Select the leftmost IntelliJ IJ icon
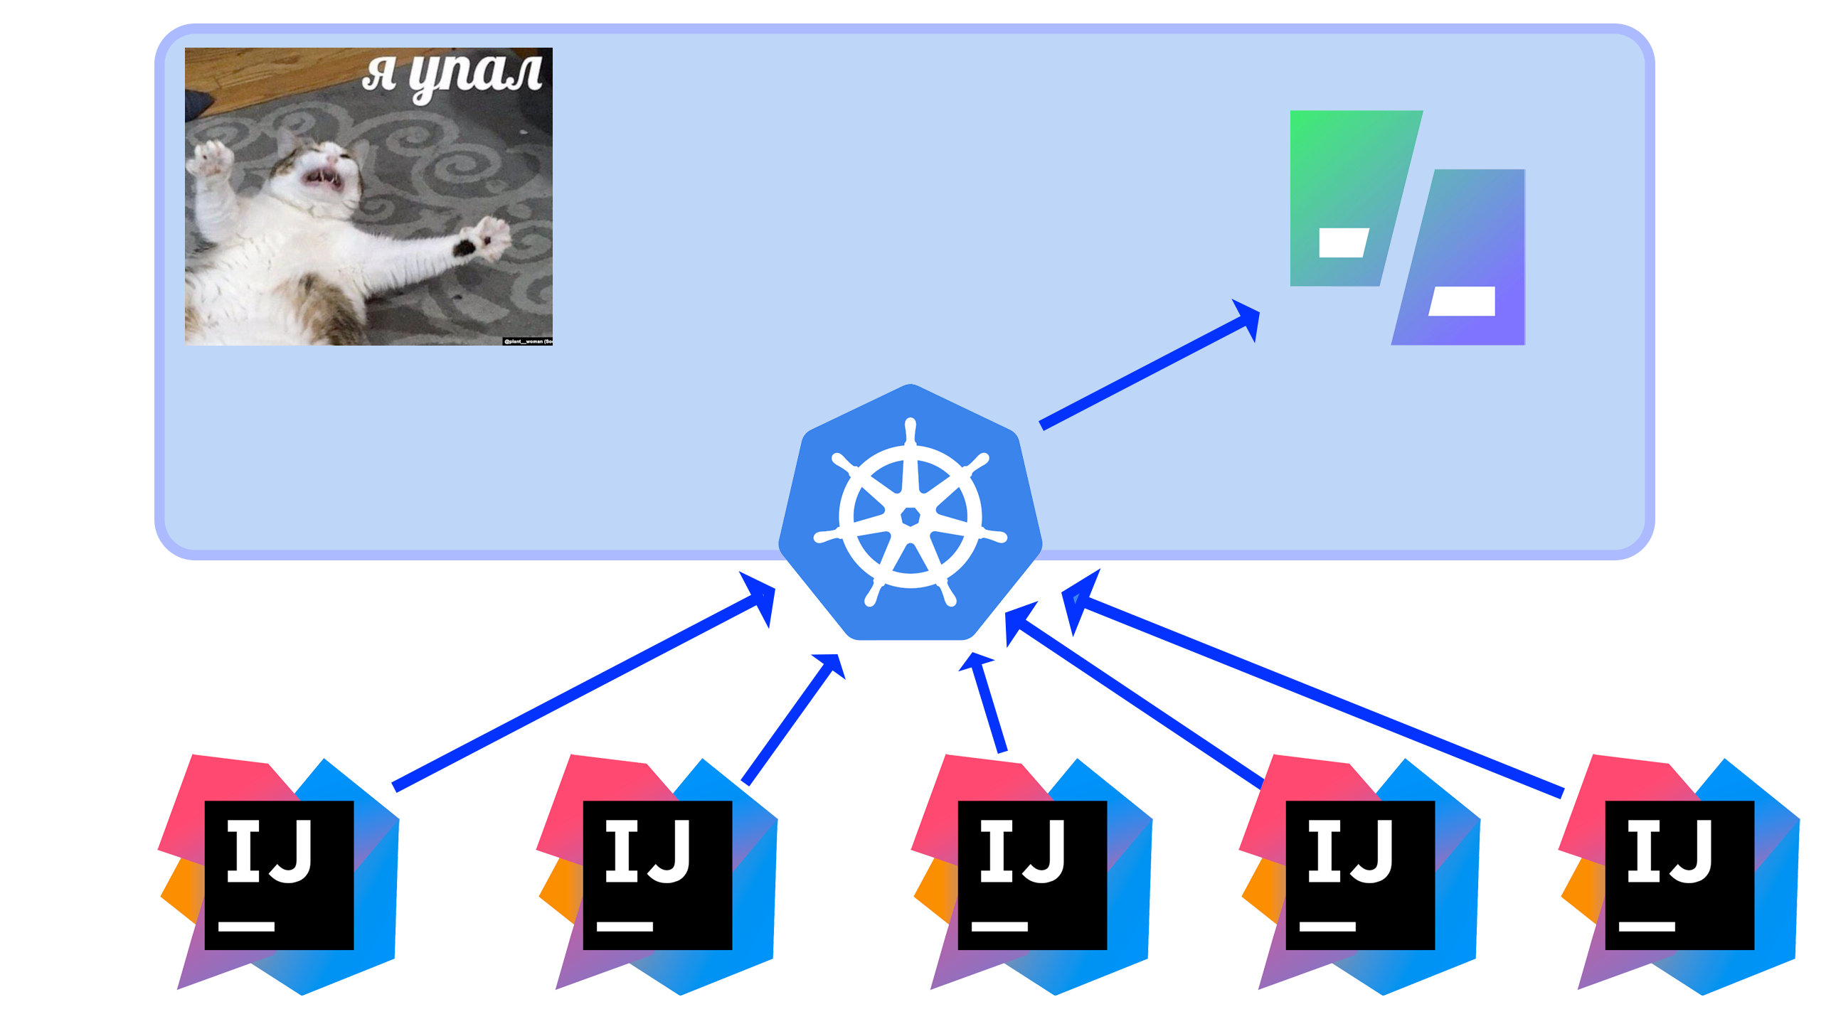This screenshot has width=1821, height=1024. pos(279,875)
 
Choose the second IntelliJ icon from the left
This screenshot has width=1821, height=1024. pos(657,875)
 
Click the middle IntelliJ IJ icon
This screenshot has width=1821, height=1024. pos(1032,875)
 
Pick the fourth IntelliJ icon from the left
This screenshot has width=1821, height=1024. pos(1360,875)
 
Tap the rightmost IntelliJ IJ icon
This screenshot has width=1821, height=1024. pos(1679,875)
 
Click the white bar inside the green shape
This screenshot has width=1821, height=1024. pos(1343,242)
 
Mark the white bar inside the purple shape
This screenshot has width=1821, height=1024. pos(1462,301)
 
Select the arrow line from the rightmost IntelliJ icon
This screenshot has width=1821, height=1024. pos(1316,697)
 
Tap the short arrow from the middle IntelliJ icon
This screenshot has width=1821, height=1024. pos(989,704)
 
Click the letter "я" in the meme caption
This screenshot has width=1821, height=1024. pos(379,74)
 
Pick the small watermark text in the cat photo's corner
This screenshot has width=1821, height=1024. pos(528,341)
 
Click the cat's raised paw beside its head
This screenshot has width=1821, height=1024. pos(213,161)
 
